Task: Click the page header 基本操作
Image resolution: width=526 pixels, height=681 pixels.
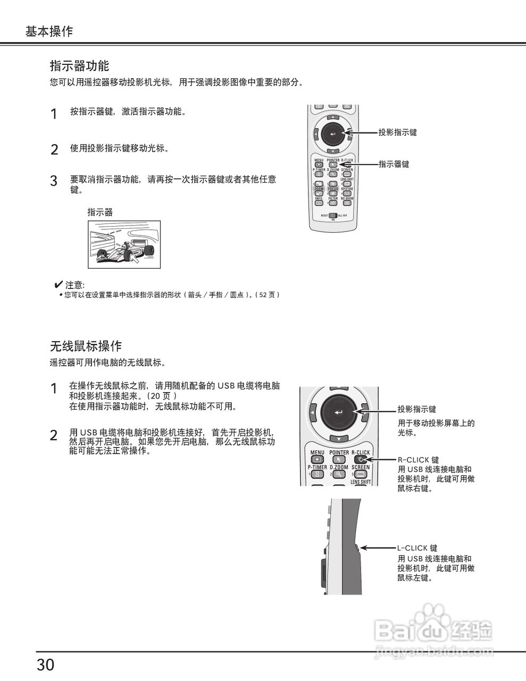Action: pyautogui.click(x=49, y=31)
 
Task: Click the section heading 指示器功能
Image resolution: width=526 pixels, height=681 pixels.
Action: pyautogui.click(x=79, y=66)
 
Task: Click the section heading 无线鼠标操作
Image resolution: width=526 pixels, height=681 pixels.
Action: pyautogui.click(x=86, y=346)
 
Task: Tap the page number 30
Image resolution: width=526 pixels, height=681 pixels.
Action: pyautogui.click(x=46, y=665)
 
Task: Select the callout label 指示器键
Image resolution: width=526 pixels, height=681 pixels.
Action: pyautogui.click(x=394, y=164)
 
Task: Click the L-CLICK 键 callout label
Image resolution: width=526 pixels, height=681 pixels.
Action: pyautogui.click(x=418, y=548)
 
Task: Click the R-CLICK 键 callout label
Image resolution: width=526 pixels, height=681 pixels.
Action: pyautogui.click(x=419, y=460)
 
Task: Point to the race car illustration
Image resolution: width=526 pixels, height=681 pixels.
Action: pyautogui.click(x=124, y=245)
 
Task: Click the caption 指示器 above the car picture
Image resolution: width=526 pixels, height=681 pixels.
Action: pyautogui.click(x=100, y=212)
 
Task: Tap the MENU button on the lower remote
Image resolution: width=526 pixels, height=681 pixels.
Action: pyautogui.click(x=317, y=459)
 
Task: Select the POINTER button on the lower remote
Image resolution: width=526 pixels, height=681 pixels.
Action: pyautogui.click(x=339, y=459)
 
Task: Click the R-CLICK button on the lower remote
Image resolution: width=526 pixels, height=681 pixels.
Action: pyautogui.click(x=361, y=459)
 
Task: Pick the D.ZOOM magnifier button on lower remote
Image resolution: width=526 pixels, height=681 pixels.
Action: pyautogui.click(x=339, y=474)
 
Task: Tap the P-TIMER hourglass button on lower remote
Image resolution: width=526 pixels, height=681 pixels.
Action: pyautogui.click(x=318, y=474)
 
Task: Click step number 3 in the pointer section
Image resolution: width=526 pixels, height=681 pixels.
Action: pyautogui.click(x=54, y=181)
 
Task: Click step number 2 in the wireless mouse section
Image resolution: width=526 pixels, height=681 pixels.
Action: pyautogui.click(x=54, y=435)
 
